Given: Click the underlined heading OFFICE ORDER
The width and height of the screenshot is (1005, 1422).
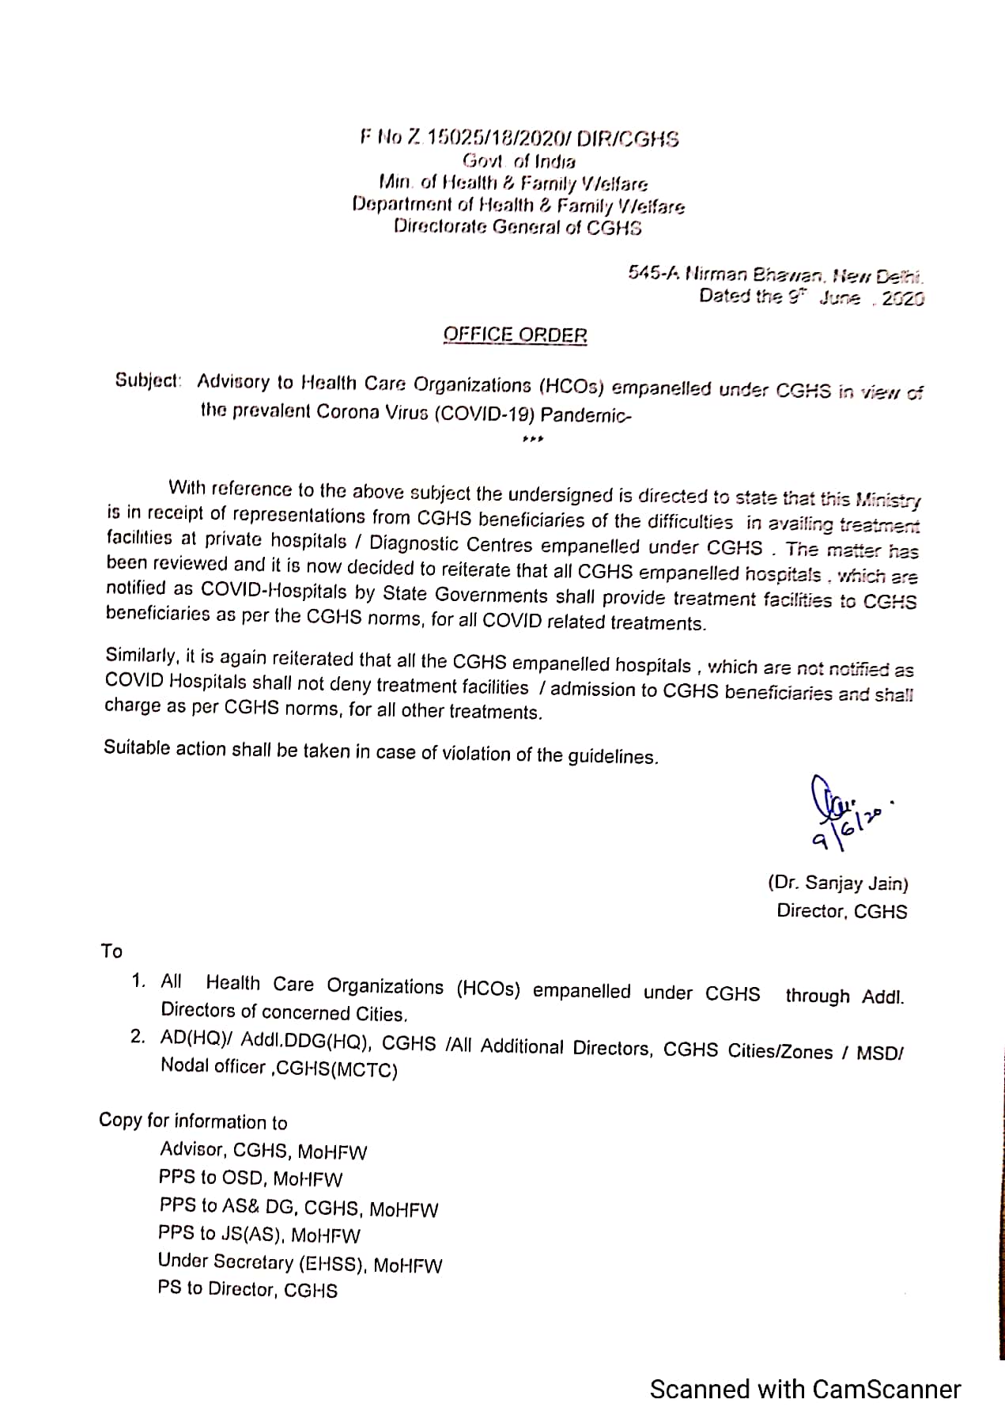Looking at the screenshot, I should tap(515, 335).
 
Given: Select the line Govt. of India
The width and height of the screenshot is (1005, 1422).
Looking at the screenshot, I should tap(519, 161).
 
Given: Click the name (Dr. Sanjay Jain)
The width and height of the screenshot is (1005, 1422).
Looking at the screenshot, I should tap(838, 884).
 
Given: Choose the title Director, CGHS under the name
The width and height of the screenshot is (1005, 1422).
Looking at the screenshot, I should tap(841, 911).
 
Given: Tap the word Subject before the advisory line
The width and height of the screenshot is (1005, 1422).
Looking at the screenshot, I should tap(149, 380).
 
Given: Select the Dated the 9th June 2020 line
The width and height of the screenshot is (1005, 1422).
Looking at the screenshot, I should tap(811, 298).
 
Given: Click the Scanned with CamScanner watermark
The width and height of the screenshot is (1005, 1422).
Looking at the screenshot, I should tap(805, 1389).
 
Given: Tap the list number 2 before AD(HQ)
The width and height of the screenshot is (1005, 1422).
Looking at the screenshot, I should tap(138, 1036).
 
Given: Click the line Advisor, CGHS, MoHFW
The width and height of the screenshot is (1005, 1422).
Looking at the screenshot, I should tap(263, 1151).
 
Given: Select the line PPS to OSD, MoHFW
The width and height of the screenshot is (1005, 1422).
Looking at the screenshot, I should tap(251, 1178).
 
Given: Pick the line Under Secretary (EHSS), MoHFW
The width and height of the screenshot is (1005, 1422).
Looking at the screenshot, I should tap(300, 1263).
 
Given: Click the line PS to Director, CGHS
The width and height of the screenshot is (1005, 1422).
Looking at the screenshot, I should tap(247, 1290).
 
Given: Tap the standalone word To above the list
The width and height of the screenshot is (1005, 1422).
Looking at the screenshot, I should tap(111, 951).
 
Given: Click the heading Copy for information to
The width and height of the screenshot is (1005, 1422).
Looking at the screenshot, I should tap(193, 1121).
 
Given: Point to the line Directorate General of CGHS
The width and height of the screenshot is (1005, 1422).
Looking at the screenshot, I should tap(518, 228).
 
